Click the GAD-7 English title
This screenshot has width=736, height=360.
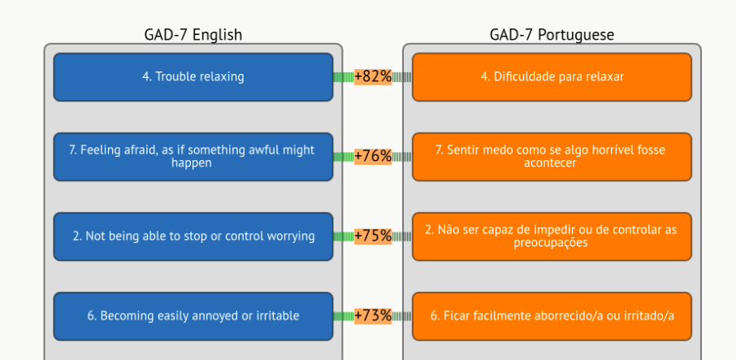[x=193, y=35]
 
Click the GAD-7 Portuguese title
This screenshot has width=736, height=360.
[x=552, y=35]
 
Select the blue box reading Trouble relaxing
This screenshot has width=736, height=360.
[x=193, y=77]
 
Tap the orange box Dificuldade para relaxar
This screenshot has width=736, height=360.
[x=552, y=77]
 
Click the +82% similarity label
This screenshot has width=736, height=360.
[x=373, y=76]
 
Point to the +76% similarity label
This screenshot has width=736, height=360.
[x=373, y=156]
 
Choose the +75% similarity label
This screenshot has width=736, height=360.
[x=373, y=236]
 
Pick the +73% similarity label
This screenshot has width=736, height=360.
[x=373, y=316]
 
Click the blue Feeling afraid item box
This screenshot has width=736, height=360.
[x=193, y=157]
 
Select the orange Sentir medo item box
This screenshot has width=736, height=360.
[x=552, y=157]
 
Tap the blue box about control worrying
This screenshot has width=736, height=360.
[x=193, y=236]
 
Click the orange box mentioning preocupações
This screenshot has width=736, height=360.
[x=552, y=236]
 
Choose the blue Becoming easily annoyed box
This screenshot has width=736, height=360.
[x=193, y=316]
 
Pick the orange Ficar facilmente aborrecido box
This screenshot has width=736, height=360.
[x=552, y=316]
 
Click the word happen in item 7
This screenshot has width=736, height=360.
[x=191, y=163]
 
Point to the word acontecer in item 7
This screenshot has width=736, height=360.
[x=550, y=163]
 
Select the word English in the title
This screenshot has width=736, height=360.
[x=218, y=35]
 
